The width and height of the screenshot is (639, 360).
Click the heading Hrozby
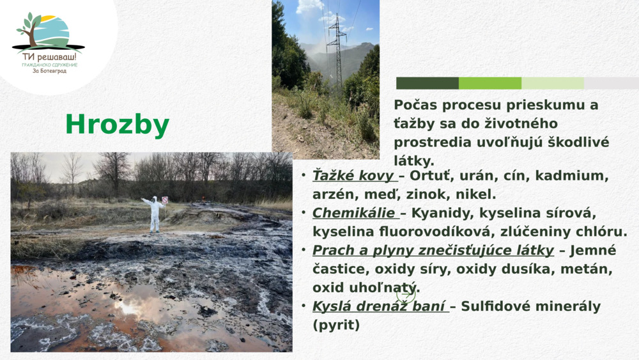point(117,125)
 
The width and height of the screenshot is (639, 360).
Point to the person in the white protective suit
point(155,214)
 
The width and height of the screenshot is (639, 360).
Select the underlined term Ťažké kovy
point(353,176)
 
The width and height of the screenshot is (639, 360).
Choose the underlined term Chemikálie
point(354,213)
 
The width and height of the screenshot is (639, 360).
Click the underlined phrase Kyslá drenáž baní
point(379,306)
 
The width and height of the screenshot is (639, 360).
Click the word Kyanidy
point(436,213)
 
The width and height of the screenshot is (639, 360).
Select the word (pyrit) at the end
point(336,325)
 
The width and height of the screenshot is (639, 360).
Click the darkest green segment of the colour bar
point(427,83)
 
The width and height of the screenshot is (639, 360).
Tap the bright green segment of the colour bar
point(490,83)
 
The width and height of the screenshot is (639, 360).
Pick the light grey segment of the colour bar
point(611,83)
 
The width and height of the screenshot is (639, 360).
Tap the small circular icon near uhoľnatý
point(406,295)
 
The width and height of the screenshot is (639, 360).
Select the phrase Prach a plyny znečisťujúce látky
point(433,251)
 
